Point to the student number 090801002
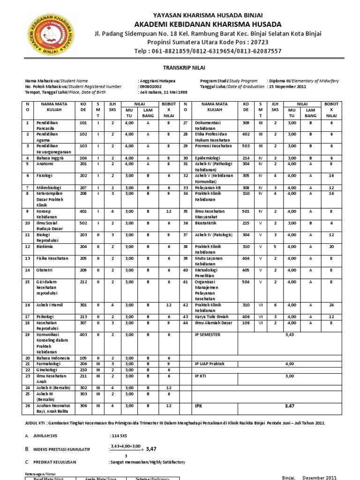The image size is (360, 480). pos(150,87)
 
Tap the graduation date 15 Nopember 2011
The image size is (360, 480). pos(287,87)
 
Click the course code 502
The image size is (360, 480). pos(84,223)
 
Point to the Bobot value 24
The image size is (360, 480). pos(331,305)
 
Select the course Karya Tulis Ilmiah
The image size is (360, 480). pos(214,317)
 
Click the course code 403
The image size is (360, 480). pos(84,335)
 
